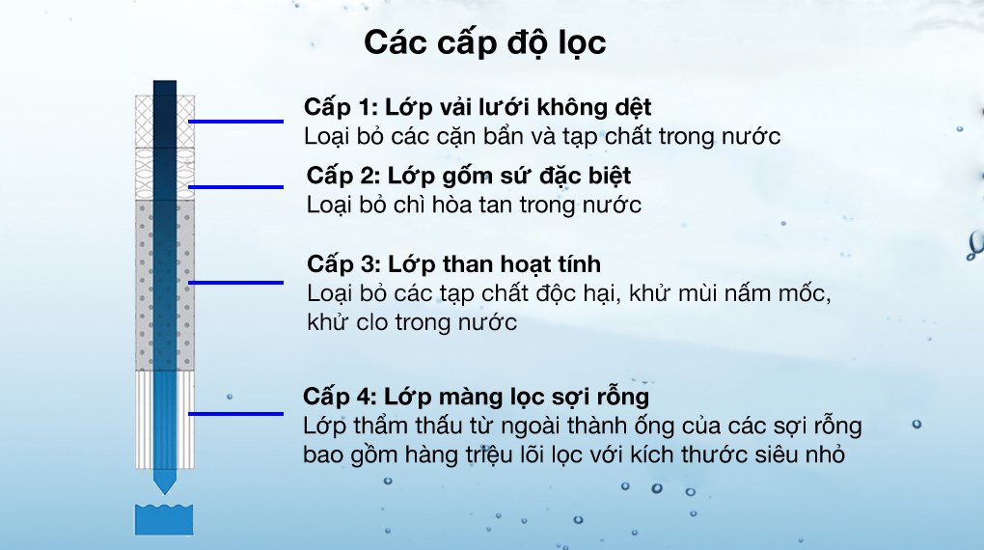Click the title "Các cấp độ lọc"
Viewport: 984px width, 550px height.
(x=485, y=44)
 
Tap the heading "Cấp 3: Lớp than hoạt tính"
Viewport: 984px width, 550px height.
(x=453, y=263)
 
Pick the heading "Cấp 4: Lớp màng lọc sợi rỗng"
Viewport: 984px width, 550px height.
(x=477, y=397)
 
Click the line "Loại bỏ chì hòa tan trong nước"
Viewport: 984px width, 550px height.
(x=474, y=206)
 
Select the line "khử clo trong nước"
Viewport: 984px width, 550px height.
(x=412, y=322)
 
